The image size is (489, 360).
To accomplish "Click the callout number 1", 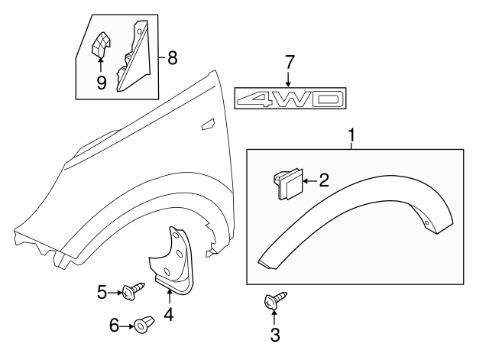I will [x=351, y=137].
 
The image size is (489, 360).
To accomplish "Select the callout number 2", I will [x=323, y=180].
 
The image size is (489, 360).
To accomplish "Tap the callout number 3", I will [x=276, y=334].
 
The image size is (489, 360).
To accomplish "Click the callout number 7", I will [x=288, y=60].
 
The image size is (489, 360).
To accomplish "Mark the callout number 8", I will [x=172, y=57].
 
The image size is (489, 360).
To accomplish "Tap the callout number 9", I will [x=101, y=81].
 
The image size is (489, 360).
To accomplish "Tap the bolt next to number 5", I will [x=134, y=291].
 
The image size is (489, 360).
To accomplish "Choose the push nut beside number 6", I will [x=143, y=327].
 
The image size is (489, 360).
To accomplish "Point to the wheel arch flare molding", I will [x=359, y=210].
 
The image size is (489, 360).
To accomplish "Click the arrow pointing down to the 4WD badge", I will [x=288, y=77].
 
